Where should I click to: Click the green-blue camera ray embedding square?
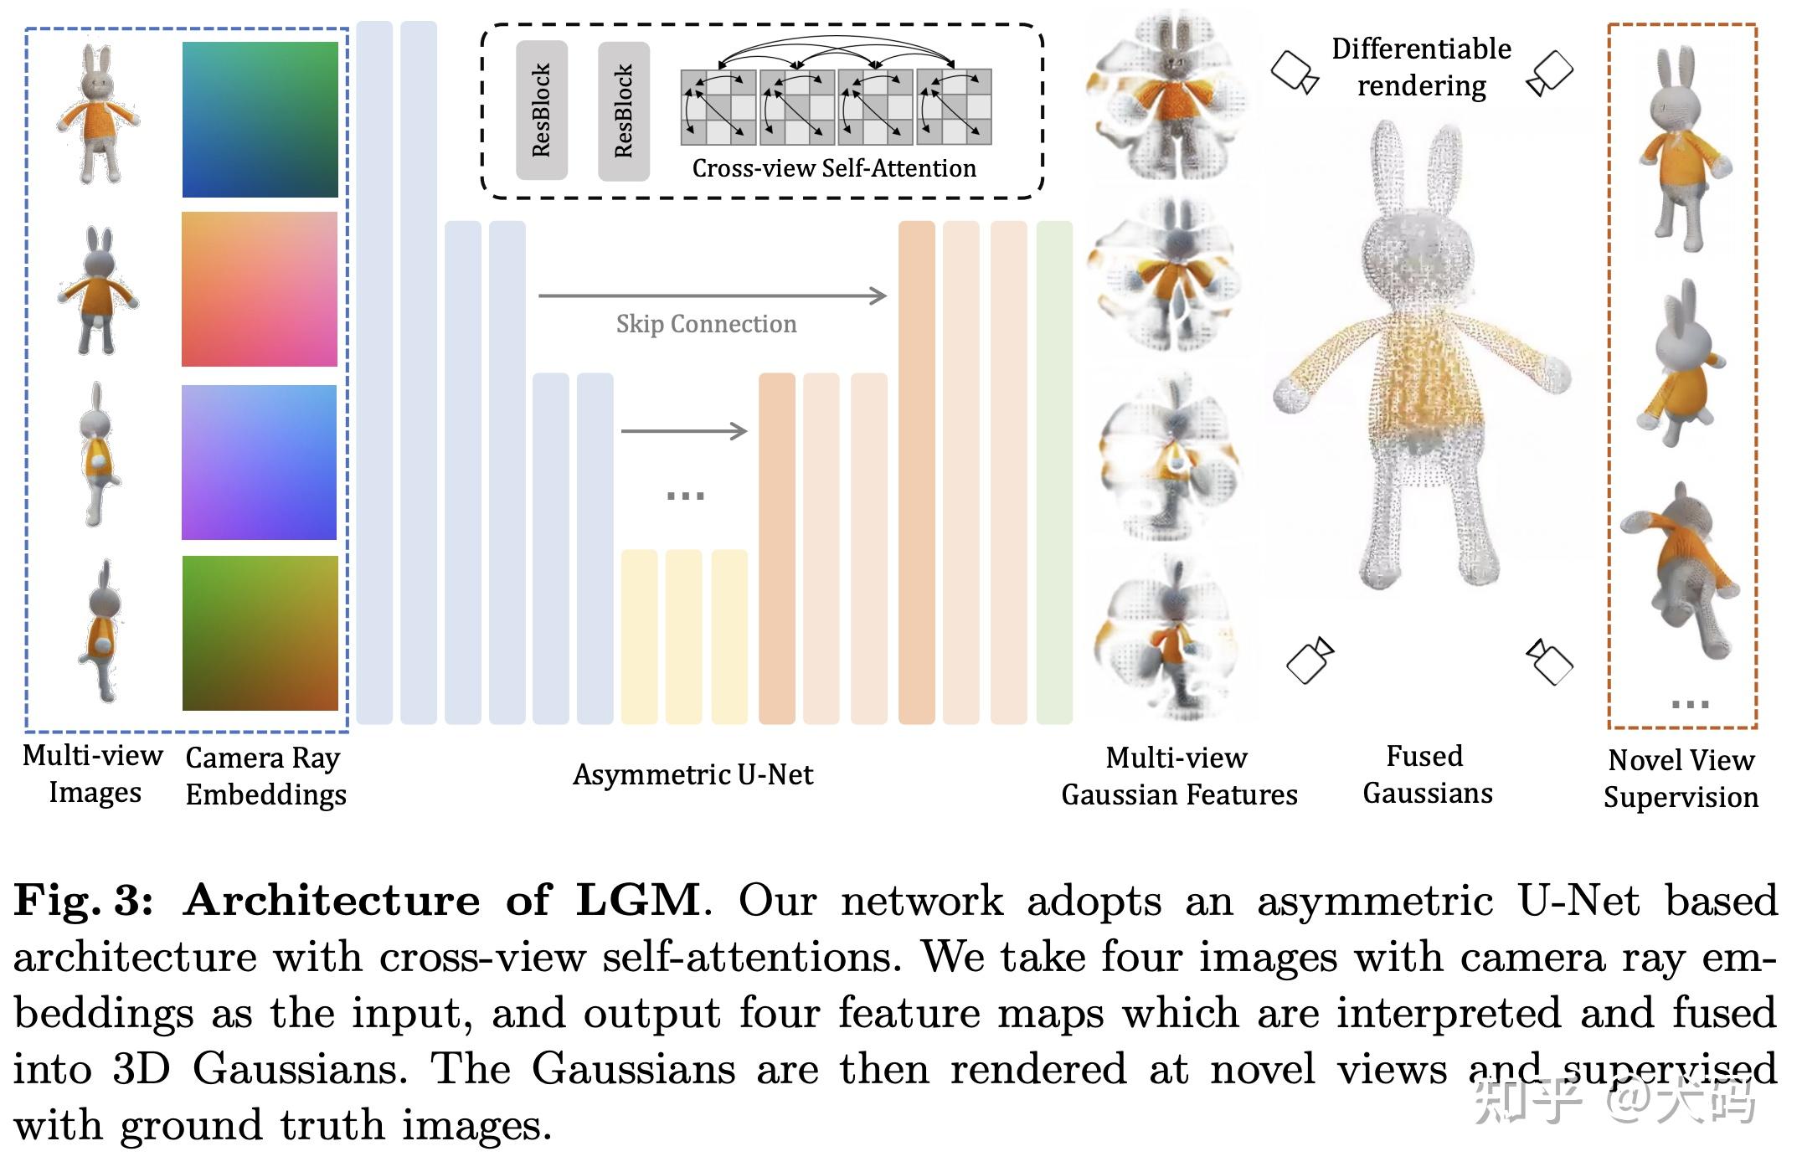pyautogui.click(x=260, y=120)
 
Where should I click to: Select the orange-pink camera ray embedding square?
pyautogui.click(x=260, y=289)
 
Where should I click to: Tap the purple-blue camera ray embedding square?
pyautogui.click(x=260, y=462)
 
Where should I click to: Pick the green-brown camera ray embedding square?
pyautogui.click(x=260, y=633)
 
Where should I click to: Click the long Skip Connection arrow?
pyautogui.click(x=712, y=296)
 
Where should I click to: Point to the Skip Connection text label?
pyautogui.click(x=706, y=324)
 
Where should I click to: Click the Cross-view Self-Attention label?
pyautogui.click(x=834, y=168)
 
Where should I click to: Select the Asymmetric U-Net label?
pyautogui.click(x=692, y=774)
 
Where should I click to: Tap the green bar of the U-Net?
pyautogui.click(x=1054, y=472)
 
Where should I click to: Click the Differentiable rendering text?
pyautogui.click(x=1422, y=67)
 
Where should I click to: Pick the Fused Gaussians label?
pyautogui.click(x=1427, y=774)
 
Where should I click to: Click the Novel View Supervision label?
pyautogui.click(x=1681, y=779)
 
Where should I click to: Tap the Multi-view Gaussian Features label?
pyautogui.click(x=1179, y=776)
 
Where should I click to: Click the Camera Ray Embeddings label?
pyautogui.click(x=265, y=776)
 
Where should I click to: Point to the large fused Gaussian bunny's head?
pyautogui.click(x=1415, y=251)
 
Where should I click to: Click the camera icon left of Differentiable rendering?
pyautogui.click(x=1295, y=72)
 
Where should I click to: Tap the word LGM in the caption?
pyautogui.click(x=638, y=901)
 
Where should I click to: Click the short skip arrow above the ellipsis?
pyautogui.click(x=683, y=431)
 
